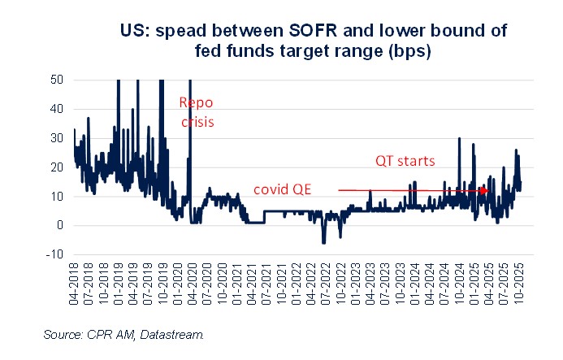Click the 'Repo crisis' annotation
[197, 113]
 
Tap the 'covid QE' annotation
[280, 189]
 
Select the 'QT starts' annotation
[406, 162]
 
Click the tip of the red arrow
[489, 190]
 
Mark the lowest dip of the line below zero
[323, 242]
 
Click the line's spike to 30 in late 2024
[460, 139]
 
